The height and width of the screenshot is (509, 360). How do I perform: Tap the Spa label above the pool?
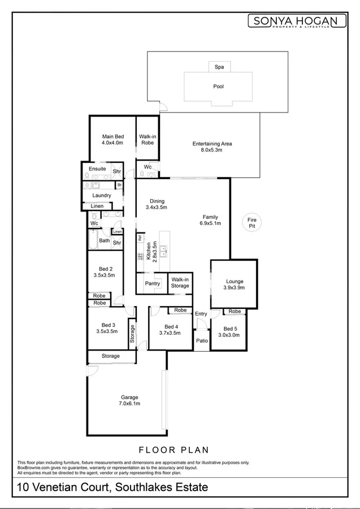(219, 67)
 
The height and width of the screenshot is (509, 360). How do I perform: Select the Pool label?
(218, 87)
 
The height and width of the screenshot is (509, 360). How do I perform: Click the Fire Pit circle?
(252, 222)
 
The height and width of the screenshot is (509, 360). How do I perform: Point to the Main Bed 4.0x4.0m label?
(112, 140)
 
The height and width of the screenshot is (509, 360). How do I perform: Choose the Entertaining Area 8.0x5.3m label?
(212, 147)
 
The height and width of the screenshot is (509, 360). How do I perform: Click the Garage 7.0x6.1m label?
(129, 400)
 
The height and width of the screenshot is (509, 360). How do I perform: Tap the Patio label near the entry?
(202, 340)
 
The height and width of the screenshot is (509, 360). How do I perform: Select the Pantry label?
(152, 283)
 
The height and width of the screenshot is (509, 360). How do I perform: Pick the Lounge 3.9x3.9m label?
(234, 284)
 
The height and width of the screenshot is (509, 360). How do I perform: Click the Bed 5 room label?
(231, 331)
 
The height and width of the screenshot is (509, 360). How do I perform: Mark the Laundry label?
(101, 196)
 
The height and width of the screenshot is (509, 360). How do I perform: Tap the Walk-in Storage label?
(180, 282)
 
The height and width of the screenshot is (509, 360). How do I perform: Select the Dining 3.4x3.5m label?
(157, 204)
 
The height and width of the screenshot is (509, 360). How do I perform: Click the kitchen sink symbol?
(163, 248)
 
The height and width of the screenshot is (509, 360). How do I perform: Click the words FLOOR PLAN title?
(173, 450)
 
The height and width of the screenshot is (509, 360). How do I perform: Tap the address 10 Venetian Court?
(113, 487)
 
